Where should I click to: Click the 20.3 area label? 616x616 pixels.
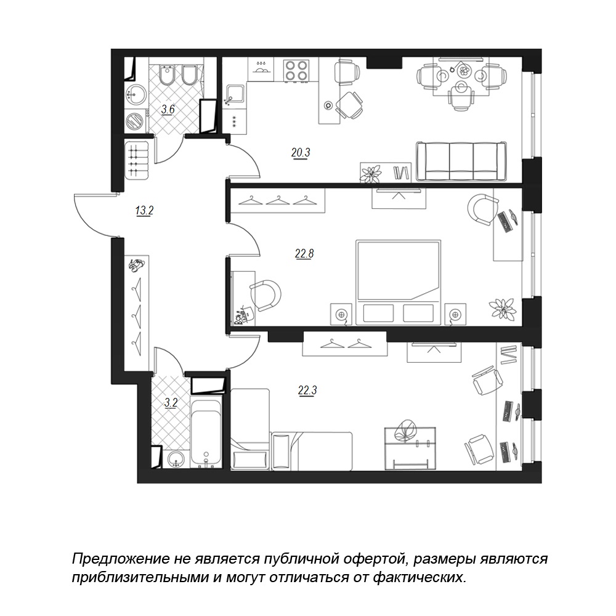[x=301, y=152]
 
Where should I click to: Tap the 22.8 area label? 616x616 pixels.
[x=304, y=254]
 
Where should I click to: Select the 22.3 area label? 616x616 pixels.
[x=307, y=391]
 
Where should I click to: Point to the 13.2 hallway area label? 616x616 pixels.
[x=144, y=211]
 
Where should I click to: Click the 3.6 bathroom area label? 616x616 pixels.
[x=168, y=109]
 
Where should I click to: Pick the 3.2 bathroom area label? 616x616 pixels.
[x=171, y=403]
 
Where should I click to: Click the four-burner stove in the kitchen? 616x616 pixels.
[x=296, y=70]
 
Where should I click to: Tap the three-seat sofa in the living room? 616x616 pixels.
[x=461, y=161]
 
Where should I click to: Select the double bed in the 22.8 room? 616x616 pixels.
[x=399, y=283]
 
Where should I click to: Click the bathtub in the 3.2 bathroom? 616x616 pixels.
[x=206, y=432]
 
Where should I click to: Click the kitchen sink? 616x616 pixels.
[x=235, y=95]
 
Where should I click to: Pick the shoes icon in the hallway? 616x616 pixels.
[x=136, y=265]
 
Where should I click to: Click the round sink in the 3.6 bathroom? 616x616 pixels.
[x=136, y=95]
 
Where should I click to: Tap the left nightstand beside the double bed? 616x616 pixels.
[x=341, y=314]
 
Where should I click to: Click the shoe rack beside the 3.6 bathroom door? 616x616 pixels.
[x=137, y=160]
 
